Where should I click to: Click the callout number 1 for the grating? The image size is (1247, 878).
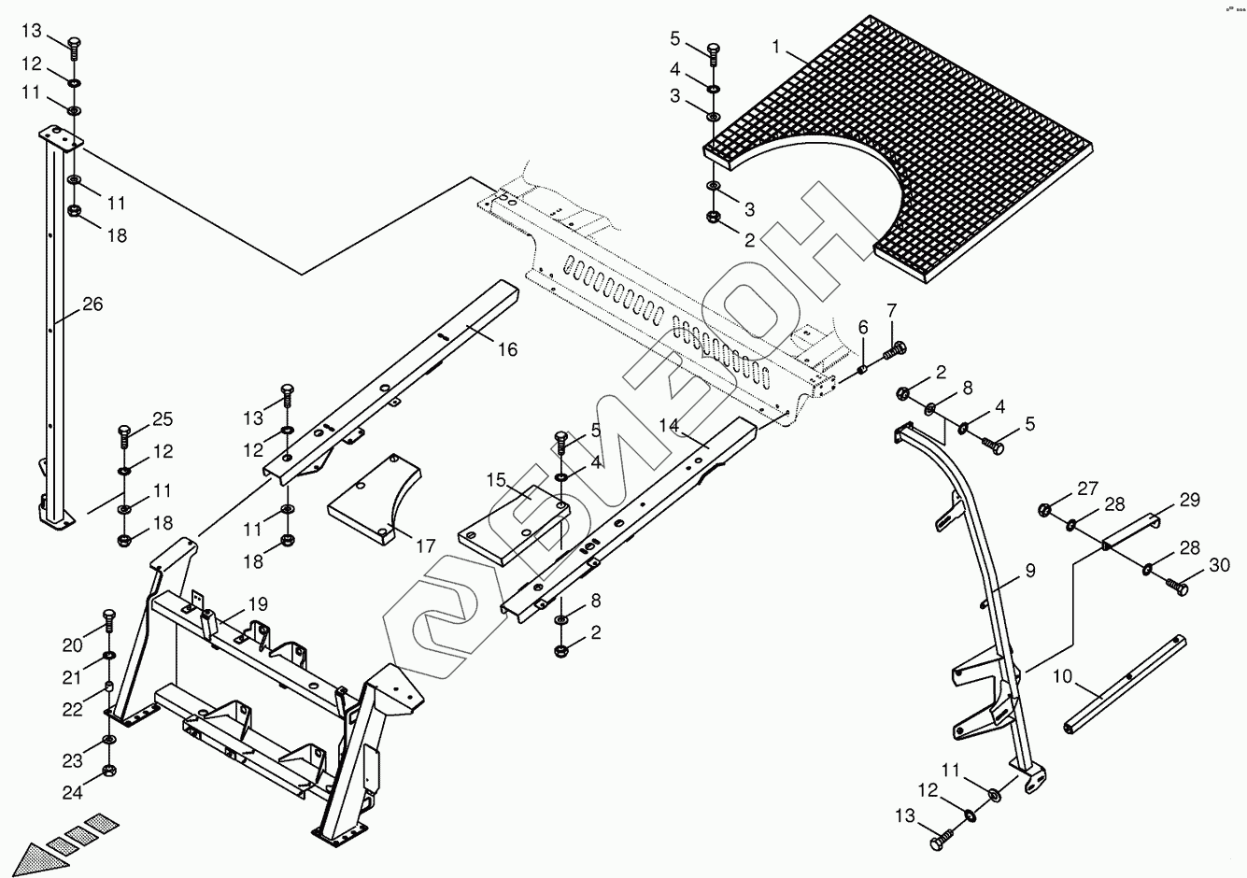(x=776, y=46)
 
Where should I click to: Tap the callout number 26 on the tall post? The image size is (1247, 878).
(x=92, y=304)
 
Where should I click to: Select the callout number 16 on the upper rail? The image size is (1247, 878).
(x=506, y=350)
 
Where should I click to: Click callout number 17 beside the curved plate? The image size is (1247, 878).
(x=426, y=545)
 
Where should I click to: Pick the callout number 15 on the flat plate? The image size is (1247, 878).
(x=495, y=479)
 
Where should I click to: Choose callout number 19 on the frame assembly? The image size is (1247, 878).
(x=258, y=603)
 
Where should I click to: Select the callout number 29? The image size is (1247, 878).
(x=1189, y=501)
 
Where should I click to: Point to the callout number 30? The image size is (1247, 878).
(x=1220, y=565)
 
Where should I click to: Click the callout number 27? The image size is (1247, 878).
(x=1088, y=488)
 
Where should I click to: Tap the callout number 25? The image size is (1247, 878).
(x=163, y=418)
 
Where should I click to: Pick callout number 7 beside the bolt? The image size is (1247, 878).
(x=891, y=310)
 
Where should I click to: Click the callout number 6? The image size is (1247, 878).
(x=863, y=327)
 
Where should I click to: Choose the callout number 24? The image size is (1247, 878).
(x=73, y=793)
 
